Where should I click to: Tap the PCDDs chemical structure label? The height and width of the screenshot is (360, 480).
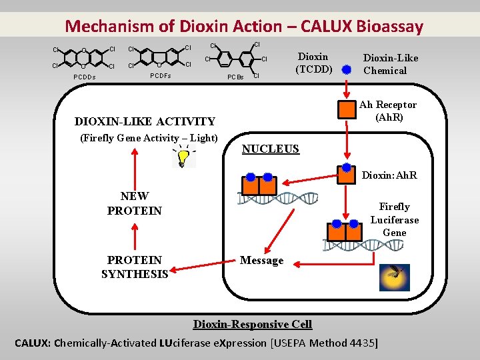[x=84, y=77]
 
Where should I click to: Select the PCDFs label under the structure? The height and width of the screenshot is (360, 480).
[x=159, y=76]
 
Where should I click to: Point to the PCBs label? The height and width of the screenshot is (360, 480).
[x=235, y=77]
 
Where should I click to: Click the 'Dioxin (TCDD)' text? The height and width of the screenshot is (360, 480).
[x=313, y=63]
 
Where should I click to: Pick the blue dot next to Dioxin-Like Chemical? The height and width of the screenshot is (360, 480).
[x=346, y=69]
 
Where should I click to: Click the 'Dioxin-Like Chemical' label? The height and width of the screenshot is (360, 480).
[x=390, y=64]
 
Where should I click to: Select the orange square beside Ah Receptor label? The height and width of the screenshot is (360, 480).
[x=346, y=110]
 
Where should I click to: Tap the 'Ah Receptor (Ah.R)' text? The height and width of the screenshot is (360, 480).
[x=387, y=111]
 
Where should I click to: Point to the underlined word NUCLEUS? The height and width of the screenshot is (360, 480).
[x=271, y=149]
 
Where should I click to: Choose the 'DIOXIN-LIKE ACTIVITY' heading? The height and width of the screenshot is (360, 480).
[x=145, y=121]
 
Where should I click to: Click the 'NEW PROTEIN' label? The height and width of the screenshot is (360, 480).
[x=134, y=203]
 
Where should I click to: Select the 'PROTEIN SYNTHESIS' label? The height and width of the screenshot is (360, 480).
[x=134, y=267]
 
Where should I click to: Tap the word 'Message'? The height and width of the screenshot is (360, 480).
[x=261, y=261]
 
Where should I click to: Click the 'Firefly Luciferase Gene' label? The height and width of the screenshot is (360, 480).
[x=394, y=220]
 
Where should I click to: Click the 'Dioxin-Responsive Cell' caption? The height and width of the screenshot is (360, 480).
[x=252, y=324]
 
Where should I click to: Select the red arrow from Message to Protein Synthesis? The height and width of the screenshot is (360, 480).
[x=203, y=265]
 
